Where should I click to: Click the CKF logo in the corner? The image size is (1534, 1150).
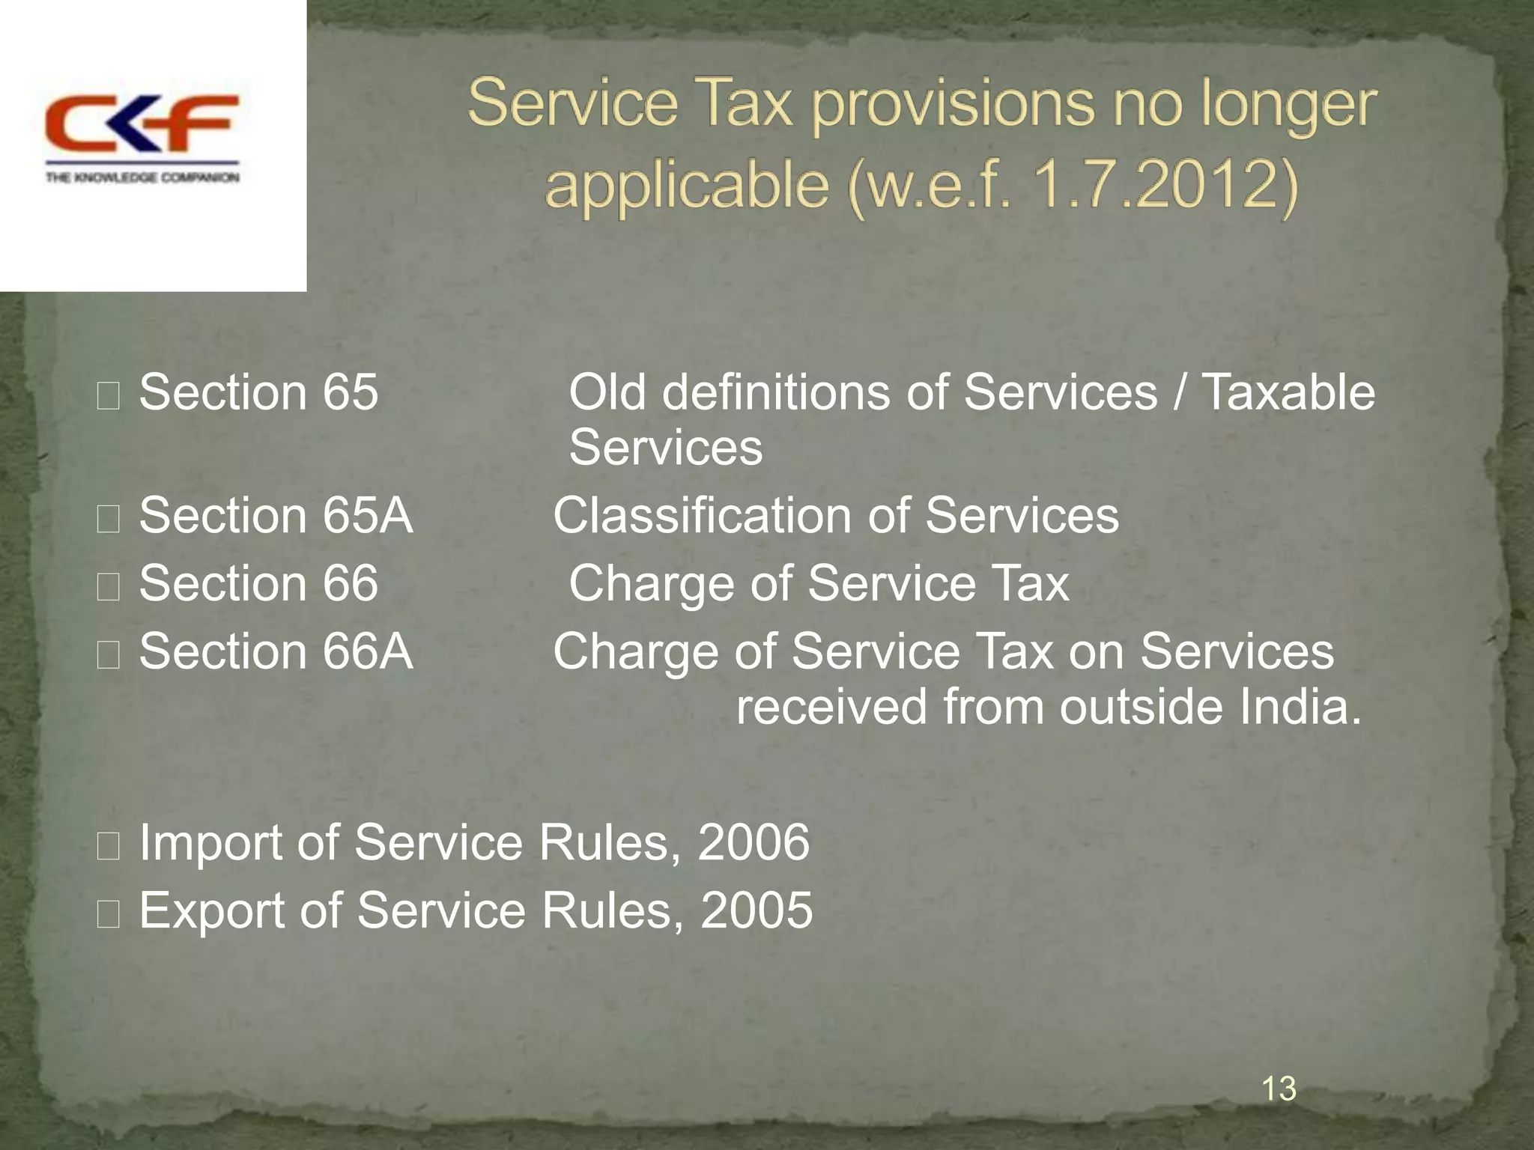[x=142, y=124]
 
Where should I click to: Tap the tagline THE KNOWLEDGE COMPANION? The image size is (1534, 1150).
[x=142, y=177]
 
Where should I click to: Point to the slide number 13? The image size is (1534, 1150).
[x=1279, y=1089]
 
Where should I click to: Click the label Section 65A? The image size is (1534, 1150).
[x=276, y=516]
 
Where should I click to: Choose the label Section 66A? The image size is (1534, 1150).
[x=276, y=651]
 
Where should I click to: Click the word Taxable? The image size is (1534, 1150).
[x=1288, y=392]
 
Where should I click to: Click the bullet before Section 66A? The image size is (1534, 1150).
[x=109, y=654]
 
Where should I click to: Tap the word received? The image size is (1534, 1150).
[x=831, y=707]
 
